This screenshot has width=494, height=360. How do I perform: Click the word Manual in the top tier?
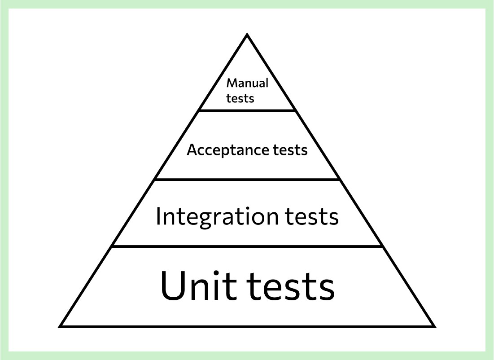pyautogui.click(x=247, y=83)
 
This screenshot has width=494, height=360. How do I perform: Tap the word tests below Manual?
pyautogui.click(x=240, y=98)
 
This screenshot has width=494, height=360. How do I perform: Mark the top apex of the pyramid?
pyautogui.click(x=247, y=35)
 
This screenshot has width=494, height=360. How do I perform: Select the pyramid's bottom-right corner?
pyautogui.click(x=433, y=326)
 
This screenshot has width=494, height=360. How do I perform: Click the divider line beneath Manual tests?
pyautogui.click(x=247, y=110)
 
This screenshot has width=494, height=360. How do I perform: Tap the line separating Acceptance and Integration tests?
pyautogui.click(x=247, y=180)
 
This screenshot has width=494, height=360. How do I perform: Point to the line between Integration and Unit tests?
pyautogui.click(x=247, y=246)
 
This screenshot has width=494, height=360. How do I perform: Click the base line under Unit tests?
pyautogui.click(x=247, y=326)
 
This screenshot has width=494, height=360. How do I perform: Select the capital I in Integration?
pyautogui.click(x=158, y=216)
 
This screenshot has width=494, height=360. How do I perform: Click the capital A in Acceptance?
pyautogui.click(x=192, y=150)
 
